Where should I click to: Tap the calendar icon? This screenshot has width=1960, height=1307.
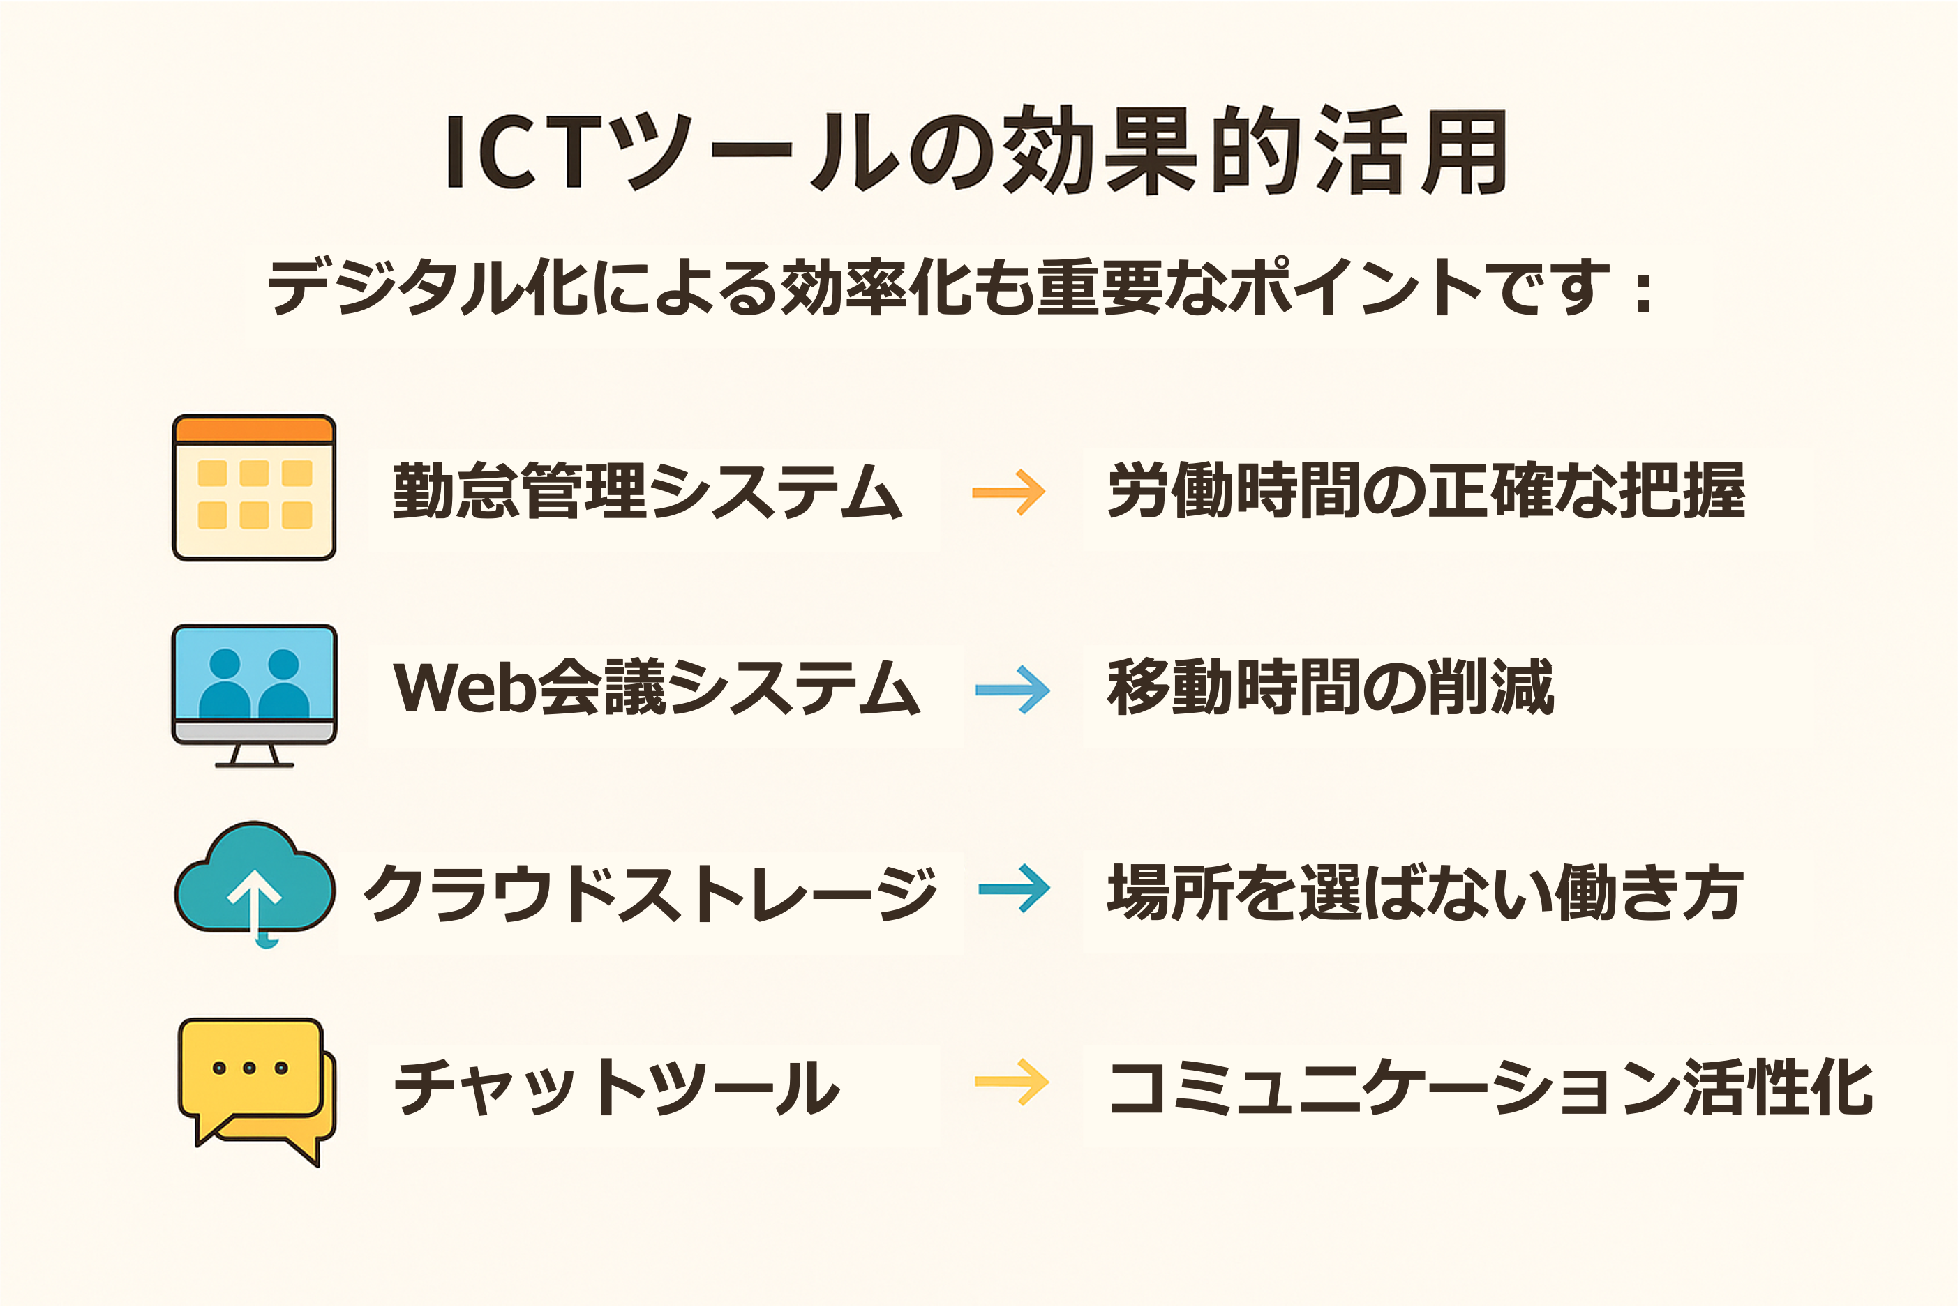(254, 488)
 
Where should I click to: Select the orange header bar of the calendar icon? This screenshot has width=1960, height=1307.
(254, 430)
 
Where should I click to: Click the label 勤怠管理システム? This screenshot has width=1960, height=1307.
(648, 492)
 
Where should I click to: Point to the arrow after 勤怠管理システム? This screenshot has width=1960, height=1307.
(1009, 492)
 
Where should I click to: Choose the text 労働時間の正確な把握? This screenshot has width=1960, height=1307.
(1426, 491)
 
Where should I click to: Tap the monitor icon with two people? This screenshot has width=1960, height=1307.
(254, 695)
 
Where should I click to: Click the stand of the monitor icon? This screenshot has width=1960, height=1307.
(254, 755)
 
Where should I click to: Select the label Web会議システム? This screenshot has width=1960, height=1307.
(657, 688)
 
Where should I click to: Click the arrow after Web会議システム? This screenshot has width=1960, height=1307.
(1013, 689)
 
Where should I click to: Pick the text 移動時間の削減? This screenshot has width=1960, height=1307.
(1331, 687)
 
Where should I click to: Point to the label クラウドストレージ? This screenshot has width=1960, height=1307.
(651, 893)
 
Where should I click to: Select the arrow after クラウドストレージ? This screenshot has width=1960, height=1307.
(1014, 889)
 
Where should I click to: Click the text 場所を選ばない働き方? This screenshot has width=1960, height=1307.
(1426, 892)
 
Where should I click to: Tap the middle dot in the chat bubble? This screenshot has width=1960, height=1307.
(249, 1068)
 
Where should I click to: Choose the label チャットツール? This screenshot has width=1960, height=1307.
(617, 1088)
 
